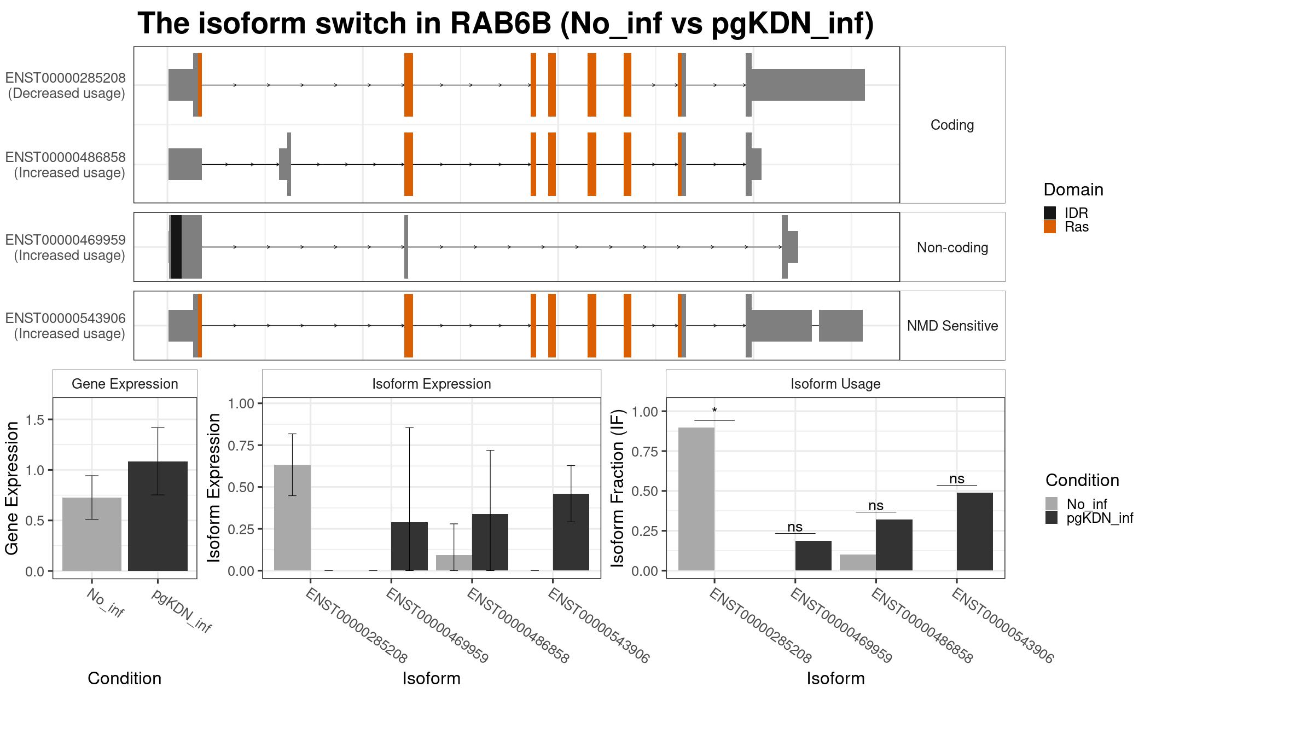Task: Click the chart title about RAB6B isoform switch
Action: click(x=506, y=24)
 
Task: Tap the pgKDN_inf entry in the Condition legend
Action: click(x=1089, y=518)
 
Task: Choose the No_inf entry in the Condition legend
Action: click(x=1076, y=504)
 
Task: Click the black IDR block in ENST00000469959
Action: click(x=176, y=247)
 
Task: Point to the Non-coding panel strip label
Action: click(x=952, y=247)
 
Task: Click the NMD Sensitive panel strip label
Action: click(x=952, y=326)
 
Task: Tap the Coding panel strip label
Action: click(x=952, y=125)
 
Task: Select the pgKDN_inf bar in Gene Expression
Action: click(x=158, y=516)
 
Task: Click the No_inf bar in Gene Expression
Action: click(x=92, y=534)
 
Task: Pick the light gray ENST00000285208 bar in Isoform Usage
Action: click(x=696, y=499)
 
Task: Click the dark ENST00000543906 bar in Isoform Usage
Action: click(x=975, y=532)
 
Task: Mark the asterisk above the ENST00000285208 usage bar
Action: click(x=714, y=411)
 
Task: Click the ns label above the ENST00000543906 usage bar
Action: click(x=957, y=479)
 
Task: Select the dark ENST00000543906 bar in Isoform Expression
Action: click(x=571, y=532)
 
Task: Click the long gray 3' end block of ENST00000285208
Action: click(x=808, y=85)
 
